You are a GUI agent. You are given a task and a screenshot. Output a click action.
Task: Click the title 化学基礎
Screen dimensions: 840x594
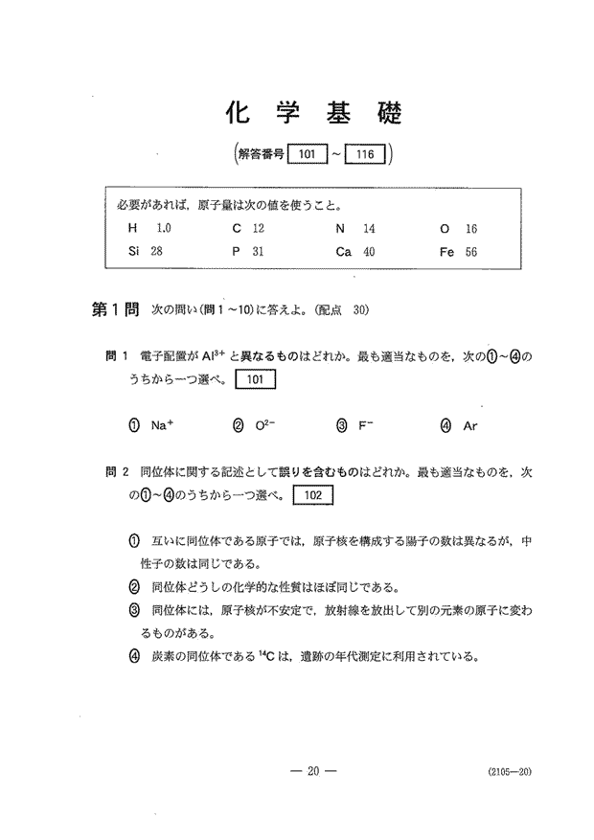point(312,112)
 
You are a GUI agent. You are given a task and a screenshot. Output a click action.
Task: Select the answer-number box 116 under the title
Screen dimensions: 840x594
point(364,153)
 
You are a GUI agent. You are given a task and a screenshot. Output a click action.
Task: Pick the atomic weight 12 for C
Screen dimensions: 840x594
point(258,229)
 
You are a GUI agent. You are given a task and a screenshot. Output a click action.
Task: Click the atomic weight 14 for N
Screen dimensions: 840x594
point(369,229)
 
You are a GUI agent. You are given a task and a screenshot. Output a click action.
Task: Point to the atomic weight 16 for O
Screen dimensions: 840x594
point(470,229)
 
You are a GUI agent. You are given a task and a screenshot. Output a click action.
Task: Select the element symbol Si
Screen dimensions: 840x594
point(134,252)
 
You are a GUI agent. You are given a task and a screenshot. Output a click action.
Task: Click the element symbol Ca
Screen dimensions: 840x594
point(343,252)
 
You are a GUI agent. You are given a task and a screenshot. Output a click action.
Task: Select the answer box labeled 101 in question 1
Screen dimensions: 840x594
point(255,379)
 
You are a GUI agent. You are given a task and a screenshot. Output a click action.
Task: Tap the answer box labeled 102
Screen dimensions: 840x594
point(312,495)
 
